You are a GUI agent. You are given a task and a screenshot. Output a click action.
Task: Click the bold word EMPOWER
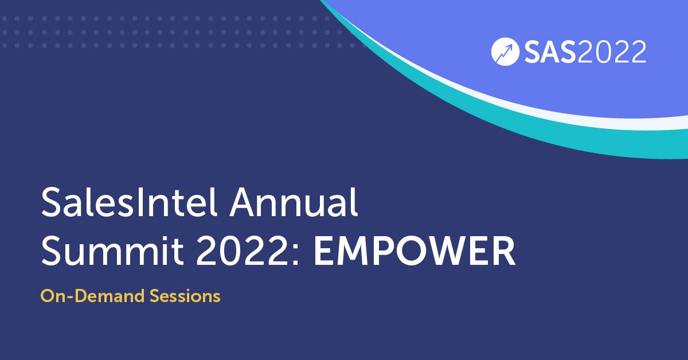(414, 253)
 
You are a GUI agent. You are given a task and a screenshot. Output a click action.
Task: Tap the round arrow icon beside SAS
(505, 53)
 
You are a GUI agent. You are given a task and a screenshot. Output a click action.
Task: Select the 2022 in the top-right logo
(612, 53)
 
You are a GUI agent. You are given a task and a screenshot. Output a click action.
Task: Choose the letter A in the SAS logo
(549, 53)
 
